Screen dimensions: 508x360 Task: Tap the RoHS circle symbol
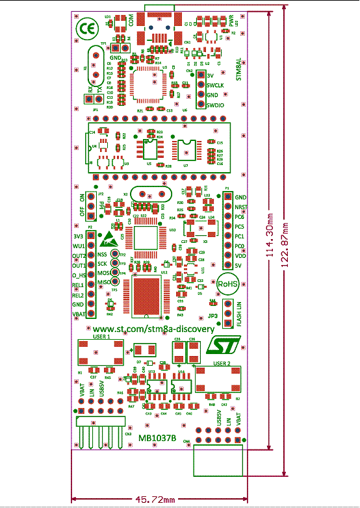pos(227,283)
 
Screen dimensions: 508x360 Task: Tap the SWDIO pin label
pos(216,105)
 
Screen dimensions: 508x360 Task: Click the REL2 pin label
pos(78,294)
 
